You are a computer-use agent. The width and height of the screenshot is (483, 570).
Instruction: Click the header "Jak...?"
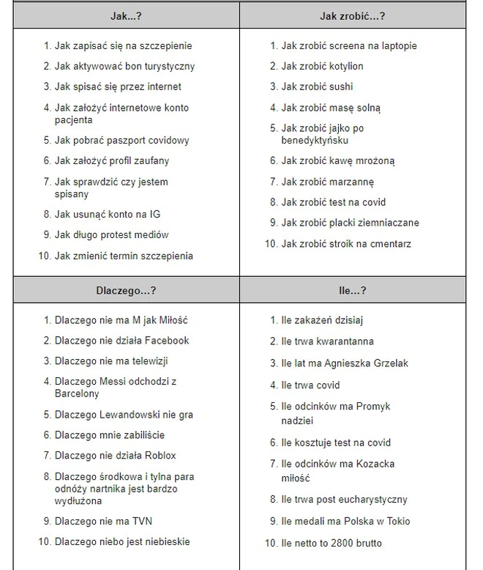[x=126, y=15]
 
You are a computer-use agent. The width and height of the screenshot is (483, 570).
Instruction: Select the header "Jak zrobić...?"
[x=352, y=15]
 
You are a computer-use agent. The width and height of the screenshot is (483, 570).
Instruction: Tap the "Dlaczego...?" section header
[x=126, y=290]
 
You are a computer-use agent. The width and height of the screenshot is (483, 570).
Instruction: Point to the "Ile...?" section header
[x=352, y=290]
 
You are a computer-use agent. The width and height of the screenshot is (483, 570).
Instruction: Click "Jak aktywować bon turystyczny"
[x=124, y=66]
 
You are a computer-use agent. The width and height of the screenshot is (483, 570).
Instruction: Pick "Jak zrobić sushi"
[x=317, y=86]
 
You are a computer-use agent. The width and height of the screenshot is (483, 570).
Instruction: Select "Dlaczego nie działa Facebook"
[x=121, y=340]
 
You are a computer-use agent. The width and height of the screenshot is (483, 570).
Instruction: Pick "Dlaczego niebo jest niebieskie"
[x=122, y=541]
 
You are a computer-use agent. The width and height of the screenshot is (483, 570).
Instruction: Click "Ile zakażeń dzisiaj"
[x=322, y=319]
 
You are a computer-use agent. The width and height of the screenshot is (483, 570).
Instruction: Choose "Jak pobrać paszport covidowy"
[x=121, y=140]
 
